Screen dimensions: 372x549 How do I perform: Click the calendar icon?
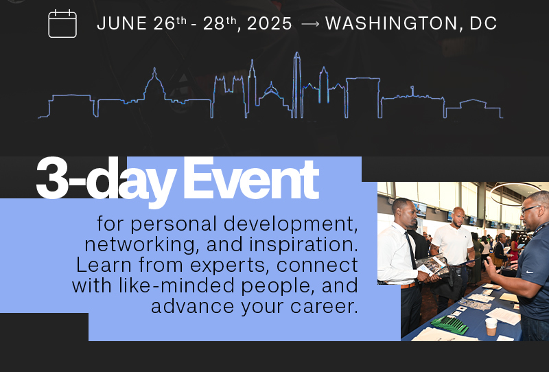pos(62,23)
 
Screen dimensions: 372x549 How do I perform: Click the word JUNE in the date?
pos(121,24)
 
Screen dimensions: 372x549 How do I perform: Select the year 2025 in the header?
pos(269,24)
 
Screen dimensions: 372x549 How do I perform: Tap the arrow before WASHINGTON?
pos(310,24)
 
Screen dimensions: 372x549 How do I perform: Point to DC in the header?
pos(484,24)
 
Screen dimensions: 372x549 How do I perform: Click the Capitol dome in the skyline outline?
pos(154,86)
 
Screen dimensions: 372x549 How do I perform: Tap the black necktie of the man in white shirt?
pos(410,248)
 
